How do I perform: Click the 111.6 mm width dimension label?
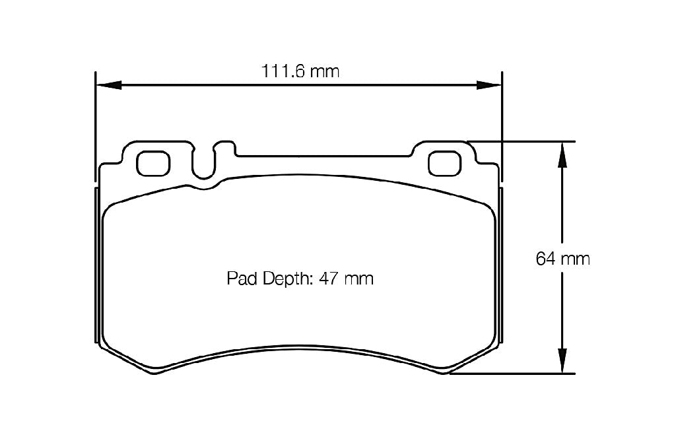pyautogui.click(x=300, y=71)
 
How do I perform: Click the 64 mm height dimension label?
pyautogui.click(x=562, y=259)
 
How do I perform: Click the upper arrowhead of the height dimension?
pyautogui.click(x=561, y=154)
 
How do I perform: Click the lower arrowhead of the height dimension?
pyautogui.click(x=561, y=362)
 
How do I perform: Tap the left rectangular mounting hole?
pyautogui.click(x=154, y=163)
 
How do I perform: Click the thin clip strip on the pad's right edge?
pyautogui.click(x=500, y=264)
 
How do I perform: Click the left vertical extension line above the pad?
pyautogui.click(x=96, y=119)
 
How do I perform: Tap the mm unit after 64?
pyautogui.click(x=575, y=259)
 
